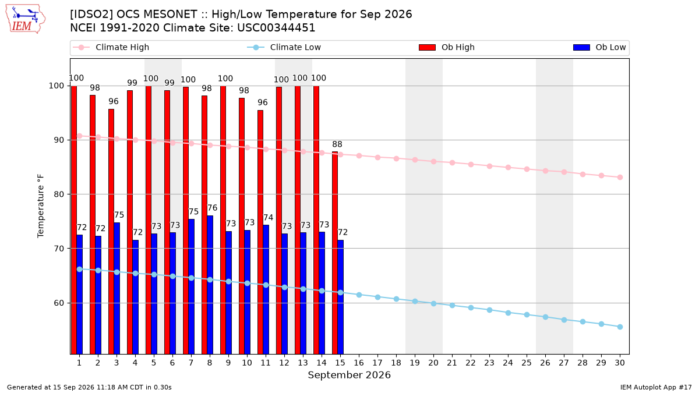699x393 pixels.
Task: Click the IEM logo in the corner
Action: coord(25,19)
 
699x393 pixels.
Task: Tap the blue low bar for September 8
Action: coord(210,285)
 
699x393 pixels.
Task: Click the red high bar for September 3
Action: coord(111,232)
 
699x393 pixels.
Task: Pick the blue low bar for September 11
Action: coord(266,289)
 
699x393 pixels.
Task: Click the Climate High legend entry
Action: coord(111,47)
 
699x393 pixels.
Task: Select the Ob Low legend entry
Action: coord(599,47)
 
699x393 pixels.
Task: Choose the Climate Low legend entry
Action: coord(284,47)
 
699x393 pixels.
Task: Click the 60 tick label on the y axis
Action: coord(58,303)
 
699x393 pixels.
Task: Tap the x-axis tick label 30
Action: coord(620,363)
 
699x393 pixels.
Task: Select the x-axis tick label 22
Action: coord(471,363)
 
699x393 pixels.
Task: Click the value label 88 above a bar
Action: coord(337,144)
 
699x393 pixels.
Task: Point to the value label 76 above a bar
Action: coord(212,208)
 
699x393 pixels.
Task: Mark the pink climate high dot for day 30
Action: coord(620,177)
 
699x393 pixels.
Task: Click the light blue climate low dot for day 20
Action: coord(433,303)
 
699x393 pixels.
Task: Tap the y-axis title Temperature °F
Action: coord(41,206)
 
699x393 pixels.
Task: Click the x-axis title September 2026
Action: coord(349,375)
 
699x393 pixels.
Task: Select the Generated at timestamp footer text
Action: coord(89,387)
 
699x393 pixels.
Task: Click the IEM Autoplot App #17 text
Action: coord(656,387)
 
